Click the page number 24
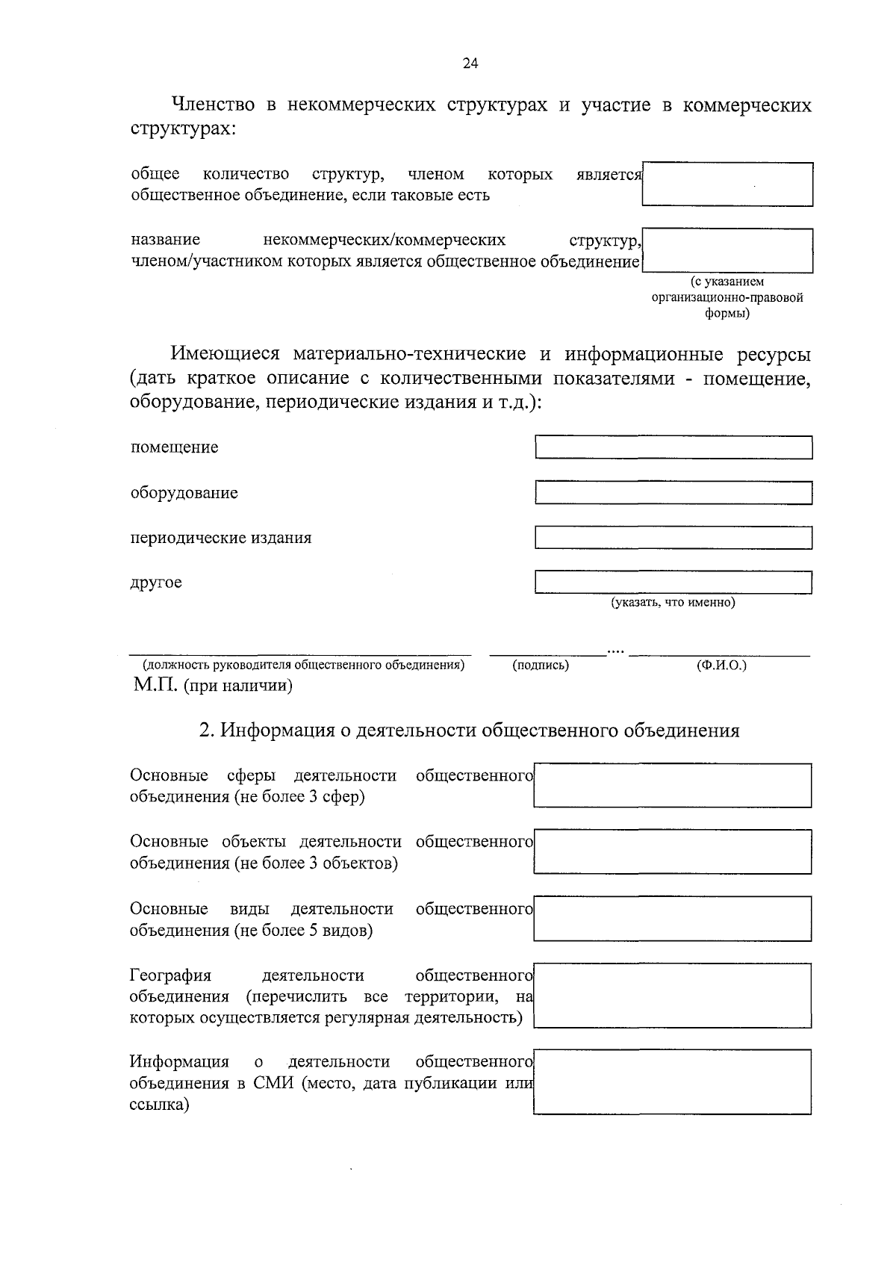470,63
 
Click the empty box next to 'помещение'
673,447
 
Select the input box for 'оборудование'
673,493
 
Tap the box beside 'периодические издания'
673,538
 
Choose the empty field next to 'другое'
673,582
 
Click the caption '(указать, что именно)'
673,602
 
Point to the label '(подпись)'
541,665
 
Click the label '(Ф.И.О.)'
721,665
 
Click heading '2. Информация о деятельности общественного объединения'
469,730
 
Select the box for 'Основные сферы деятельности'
672,785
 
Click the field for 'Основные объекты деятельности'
672,851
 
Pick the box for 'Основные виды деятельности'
672,918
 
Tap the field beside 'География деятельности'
672,996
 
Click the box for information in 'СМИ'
672,1082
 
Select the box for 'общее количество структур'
727,184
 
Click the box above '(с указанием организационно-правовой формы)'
727,250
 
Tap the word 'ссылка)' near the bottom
159,1104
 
